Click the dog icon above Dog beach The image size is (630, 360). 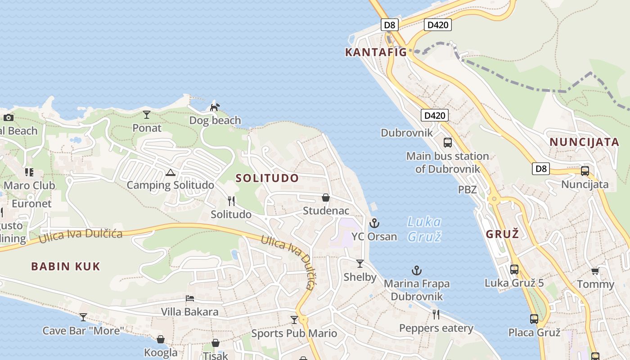[215, 107]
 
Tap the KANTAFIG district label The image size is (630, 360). [376, 52]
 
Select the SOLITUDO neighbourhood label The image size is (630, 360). [267, 178]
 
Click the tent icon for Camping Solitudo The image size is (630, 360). [170, 172]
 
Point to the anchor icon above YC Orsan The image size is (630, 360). [374, 223]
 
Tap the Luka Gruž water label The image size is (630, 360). [424, 229]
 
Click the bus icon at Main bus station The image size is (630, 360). [448, 143]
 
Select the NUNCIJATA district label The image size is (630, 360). [584, 142]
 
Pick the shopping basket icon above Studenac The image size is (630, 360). [326, 198]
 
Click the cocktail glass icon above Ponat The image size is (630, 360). [147, 115]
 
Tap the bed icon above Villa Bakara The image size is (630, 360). [190, 298]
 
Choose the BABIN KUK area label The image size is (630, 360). [66, 266]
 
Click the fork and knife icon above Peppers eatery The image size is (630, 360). [436, 314]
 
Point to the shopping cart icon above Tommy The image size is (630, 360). [595, 271]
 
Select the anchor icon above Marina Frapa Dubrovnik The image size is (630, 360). [417, 270]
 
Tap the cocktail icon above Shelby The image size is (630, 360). [360, 263]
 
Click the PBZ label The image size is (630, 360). [467, 189]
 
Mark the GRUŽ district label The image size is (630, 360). [503, 234]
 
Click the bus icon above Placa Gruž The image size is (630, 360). [534, 319]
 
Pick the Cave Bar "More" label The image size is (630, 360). [83, 331]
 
